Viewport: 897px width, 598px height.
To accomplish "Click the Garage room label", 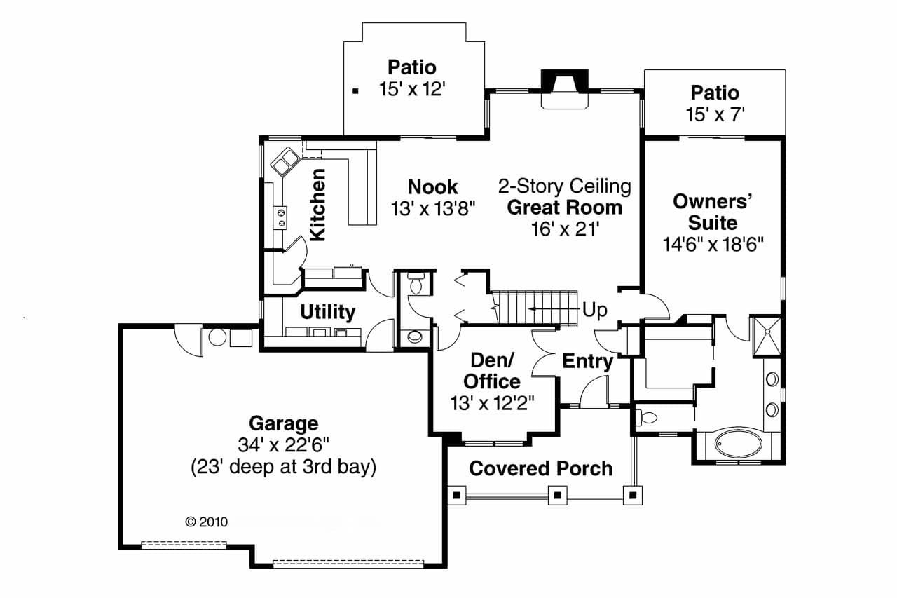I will click(283, 423).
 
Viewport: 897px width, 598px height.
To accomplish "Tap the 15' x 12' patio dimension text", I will click(413, 90).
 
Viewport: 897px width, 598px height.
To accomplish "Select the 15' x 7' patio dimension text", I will click(714, 114).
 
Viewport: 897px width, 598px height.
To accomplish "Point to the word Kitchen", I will click(317, 205).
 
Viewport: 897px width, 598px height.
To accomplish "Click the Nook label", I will click(432, 187).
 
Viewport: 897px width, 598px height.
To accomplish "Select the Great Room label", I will click(564, 208).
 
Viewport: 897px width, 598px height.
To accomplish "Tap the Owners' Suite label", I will click(712, 212).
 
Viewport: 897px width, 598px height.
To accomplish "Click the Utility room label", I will click(327, 312).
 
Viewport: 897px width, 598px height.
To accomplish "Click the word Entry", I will click(587, 362).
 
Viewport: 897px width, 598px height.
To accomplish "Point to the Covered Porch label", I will click(540, 468).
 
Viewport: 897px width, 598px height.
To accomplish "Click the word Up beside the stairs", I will click(595, 310).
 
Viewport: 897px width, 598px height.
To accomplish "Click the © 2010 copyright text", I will click(205, 522).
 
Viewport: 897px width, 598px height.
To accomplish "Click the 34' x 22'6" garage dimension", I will click(283, 445).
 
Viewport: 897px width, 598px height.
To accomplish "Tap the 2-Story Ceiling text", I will click(564, 186).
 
